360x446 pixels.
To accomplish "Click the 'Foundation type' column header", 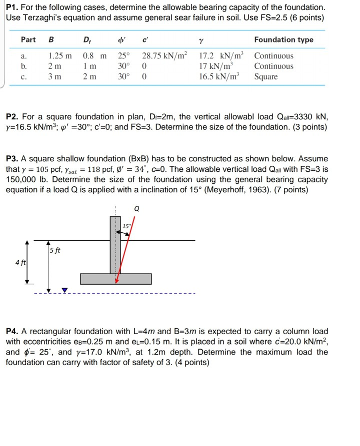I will click(283, 40).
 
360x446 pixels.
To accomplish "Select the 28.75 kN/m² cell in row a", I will click(164, 56).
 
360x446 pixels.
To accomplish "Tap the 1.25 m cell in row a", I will click(60, 56).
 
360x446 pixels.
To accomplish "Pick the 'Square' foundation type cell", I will click(265, 77).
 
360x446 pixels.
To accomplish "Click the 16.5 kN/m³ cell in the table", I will click(219, 77).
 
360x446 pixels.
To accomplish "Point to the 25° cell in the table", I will click(124, 56).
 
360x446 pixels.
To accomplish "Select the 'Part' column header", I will click(28, 40).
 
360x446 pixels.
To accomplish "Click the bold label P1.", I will click(13, 7).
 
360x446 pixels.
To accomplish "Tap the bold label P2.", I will click(13, 116).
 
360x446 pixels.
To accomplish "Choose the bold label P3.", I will click(13, 158).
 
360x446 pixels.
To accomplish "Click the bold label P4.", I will click(13, 331).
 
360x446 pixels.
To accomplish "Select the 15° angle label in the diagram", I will click(126, 228).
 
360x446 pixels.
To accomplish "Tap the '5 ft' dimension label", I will click(55, 250).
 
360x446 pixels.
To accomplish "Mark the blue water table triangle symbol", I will click(64, 290).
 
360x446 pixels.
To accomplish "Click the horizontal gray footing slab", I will click(115, 279).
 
